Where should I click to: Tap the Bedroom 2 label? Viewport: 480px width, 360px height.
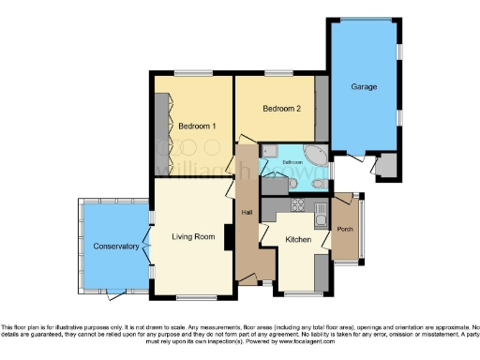tap(281, 109)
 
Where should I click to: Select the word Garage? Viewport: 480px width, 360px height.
tap(364, 87)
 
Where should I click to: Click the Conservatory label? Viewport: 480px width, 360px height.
tap(115, 247)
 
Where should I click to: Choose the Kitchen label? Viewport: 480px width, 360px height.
tap(298, 240)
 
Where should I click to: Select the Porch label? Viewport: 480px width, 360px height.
tap(344, 229)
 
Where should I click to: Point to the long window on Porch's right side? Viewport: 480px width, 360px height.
tap(366, 228)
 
